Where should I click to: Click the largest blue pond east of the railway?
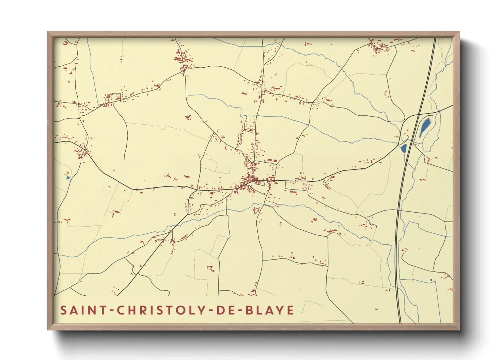(425, 127)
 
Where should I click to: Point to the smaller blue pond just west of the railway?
(404, 148)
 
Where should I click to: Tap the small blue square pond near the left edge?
(68, 178)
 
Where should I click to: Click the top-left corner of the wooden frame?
(48, 32)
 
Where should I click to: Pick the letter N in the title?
(93, 310)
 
